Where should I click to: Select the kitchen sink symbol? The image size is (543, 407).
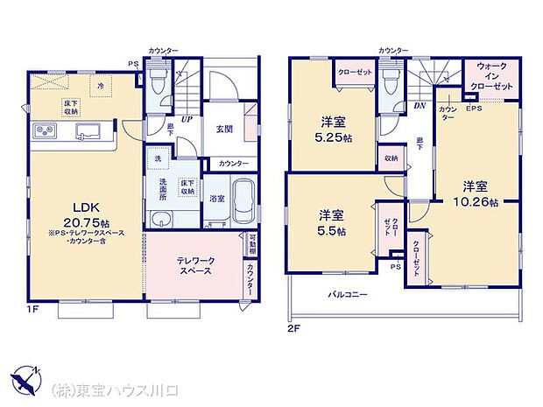(90, 132)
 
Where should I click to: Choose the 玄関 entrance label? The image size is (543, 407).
(224, 129)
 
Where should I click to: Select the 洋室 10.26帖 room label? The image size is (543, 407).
(480, 193)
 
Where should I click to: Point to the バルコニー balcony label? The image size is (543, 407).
(348, 295)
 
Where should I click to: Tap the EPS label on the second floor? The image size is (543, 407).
(473, 109)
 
